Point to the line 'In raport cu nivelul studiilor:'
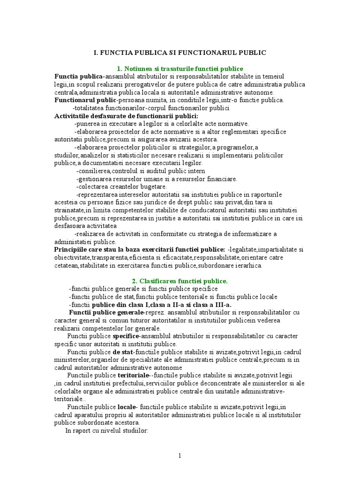(107, 430)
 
